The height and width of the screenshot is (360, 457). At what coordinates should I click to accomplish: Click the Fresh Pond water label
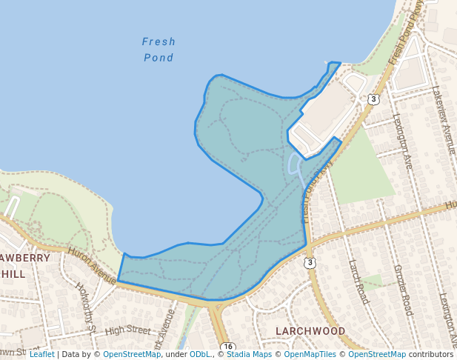coord(159,50)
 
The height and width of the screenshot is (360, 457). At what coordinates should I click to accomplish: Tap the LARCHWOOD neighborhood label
coord(310,330)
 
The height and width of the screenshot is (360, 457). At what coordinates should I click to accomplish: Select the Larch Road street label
coord(358,281)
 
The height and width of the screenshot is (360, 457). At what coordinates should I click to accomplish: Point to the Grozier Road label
coord(403,290)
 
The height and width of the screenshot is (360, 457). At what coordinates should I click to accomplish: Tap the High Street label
coord(127,330)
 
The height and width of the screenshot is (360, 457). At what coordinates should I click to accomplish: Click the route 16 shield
coord(227,347)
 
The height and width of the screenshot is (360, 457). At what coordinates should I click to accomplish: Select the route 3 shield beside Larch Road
coord(310,262)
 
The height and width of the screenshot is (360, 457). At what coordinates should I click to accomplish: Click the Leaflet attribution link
coord(42,354)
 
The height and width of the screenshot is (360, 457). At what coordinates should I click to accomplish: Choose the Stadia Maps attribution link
coord(249,354)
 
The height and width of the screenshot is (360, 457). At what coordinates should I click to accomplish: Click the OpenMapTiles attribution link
coord(307,354)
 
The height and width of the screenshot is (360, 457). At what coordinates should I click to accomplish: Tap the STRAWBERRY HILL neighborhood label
coord(22,266)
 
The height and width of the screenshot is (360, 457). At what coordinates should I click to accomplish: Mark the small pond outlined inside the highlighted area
coord(293,164)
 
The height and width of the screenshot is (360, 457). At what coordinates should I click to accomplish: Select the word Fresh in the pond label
coord(159,41)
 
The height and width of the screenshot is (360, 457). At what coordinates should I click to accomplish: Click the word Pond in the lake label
coord(159,58)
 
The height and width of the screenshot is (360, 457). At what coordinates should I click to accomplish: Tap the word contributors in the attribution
coord(431,354)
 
